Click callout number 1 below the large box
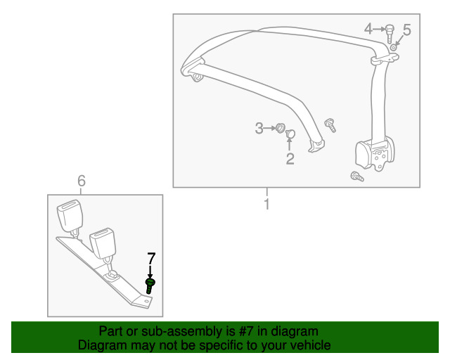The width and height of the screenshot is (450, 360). [x=267, y=205]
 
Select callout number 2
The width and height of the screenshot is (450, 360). [x=290, y=159]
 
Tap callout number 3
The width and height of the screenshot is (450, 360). [x=259, y=128]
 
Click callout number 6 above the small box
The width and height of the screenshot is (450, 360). [x=81, y=182]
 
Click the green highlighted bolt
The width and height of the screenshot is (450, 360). [x=150, y=285]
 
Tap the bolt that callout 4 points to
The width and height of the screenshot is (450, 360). [x=388, y=31]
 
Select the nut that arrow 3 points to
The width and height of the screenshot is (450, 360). [x=279, y=128]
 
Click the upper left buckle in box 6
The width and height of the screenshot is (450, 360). [x=72, y=214]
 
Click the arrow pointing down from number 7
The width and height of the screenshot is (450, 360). [x=150, y=271]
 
